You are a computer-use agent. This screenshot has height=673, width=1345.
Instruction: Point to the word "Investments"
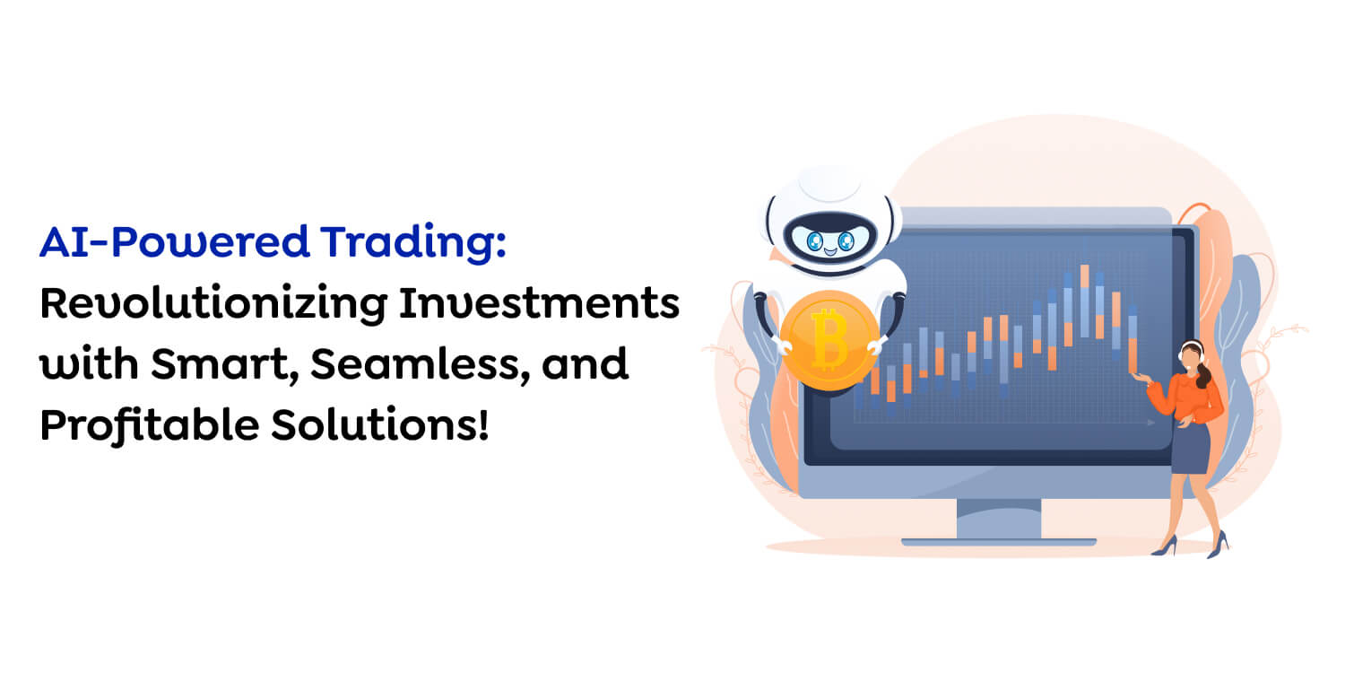click(x=539, y=305)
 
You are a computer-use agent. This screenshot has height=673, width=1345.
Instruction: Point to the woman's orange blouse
click(x=1192, y=395)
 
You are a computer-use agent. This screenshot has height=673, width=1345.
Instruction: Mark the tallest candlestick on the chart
click(x=1084, y=301)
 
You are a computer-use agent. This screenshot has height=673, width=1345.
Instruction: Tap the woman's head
click(x=1192, y=354)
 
